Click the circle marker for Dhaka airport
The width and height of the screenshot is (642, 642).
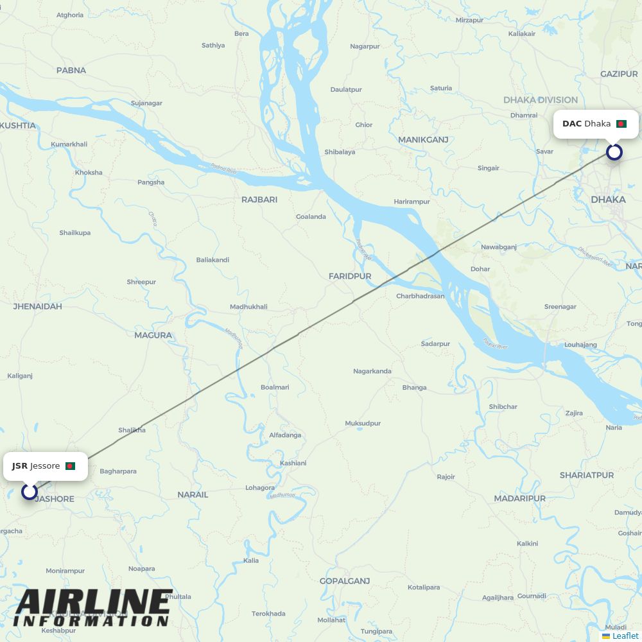click(614, 152)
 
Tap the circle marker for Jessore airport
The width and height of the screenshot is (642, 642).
click(30, 492)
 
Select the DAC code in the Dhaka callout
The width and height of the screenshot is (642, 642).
click(572, 123)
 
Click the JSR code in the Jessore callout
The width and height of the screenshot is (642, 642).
click(20, 466)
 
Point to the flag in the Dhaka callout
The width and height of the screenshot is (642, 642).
click(621, 124)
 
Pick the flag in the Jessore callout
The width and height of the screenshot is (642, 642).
click(70, 466)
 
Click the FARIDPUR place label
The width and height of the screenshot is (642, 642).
click(350, 276)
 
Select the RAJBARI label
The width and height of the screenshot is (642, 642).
click(259, 200)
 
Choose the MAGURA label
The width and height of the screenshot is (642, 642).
click(153, 335)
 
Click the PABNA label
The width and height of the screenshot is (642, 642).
click(71, 71)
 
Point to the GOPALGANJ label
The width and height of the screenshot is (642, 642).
click(345, 581)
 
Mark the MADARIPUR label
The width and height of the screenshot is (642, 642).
click(519, 498)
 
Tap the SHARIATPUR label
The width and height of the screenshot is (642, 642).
click(586, 475)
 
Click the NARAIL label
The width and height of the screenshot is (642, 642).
click(193, 494)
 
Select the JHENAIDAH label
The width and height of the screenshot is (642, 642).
click(38, 306)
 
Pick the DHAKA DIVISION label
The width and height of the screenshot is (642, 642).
click(541, 100)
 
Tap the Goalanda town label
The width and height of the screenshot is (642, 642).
click(311, 217)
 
